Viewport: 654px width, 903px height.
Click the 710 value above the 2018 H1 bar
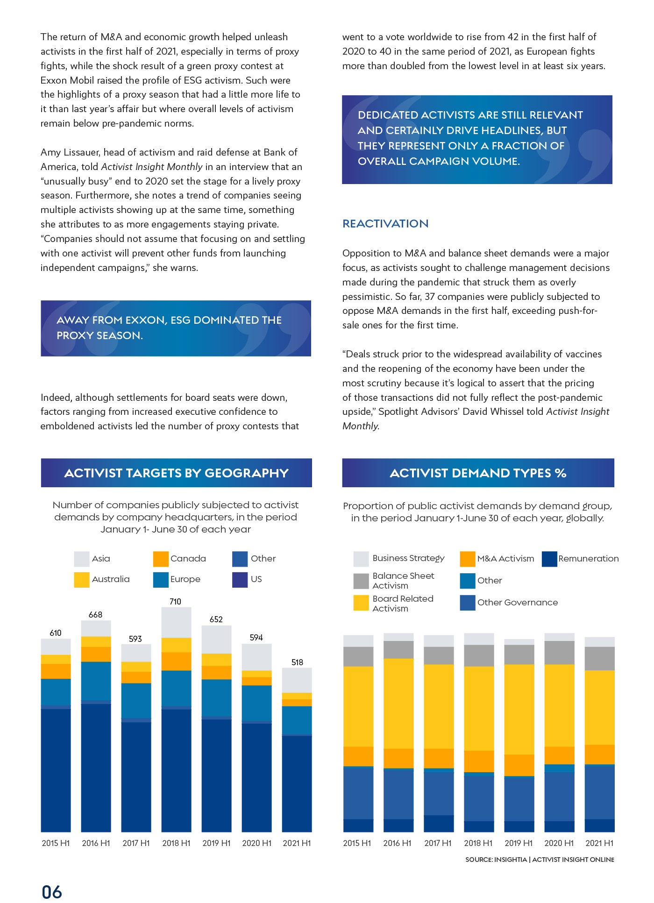point(175,602)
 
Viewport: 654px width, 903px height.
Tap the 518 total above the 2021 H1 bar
point(297,662)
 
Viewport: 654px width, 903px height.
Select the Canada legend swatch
point(161,559)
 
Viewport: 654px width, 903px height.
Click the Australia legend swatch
point(82,579)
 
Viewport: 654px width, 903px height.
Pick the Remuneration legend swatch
point(549,559)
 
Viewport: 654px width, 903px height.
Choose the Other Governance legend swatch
point(468,603)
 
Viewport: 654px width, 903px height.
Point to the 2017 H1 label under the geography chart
point(136,843)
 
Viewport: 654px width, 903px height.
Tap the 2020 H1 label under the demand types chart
point(559,843)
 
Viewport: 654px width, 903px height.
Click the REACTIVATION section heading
point(385,224)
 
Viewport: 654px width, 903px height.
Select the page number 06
point(52,892)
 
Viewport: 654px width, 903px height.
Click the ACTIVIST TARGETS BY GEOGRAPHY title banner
point(177,473)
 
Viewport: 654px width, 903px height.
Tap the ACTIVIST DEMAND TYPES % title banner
point(478,473)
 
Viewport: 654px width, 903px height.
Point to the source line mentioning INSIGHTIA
point(540,860)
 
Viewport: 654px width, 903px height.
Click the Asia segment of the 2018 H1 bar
point(176,622)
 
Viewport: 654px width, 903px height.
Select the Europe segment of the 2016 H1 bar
point(96,681)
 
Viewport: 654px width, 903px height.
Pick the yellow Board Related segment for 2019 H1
point(519,709)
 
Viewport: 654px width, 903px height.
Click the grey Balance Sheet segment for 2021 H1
point(599,659)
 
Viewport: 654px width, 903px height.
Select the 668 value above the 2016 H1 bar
point(95,615)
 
